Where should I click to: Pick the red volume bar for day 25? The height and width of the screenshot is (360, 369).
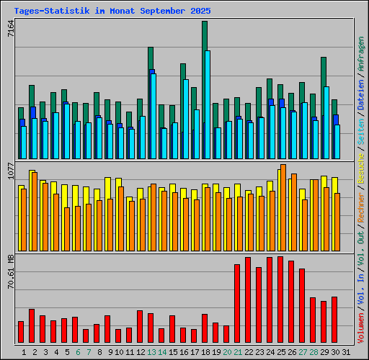click(x=280, y=300)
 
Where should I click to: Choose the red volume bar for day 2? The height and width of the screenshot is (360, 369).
click(x=32, y=325)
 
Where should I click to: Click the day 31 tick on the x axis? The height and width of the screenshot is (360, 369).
click(x=346, y=351)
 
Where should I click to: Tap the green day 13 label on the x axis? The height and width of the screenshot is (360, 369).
click(x=151, y=351)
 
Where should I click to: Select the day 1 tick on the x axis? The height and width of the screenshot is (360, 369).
click(x=24, y=351)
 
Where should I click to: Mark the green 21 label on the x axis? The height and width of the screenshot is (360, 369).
click(x=238, y=351)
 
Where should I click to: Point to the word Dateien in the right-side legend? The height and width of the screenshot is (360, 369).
click(x=361, y=111)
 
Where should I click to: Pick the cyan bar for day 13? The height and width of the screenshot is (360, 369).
click(x=154, y=115)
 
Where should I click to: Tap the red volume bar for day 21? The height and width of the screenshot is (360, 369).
click(x=237, y=303)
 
